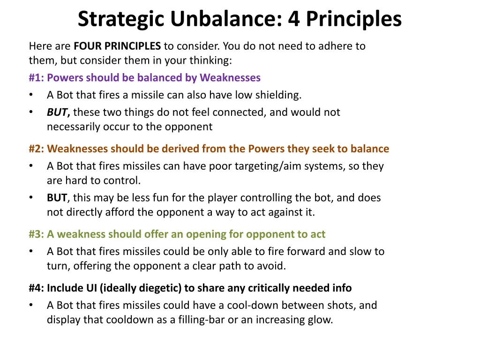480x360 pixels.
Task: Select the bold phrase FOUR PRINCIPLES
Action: click(x=117, y=46)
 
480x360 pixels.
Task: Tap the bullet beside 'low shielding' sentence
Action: click(x=31, y=95)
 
